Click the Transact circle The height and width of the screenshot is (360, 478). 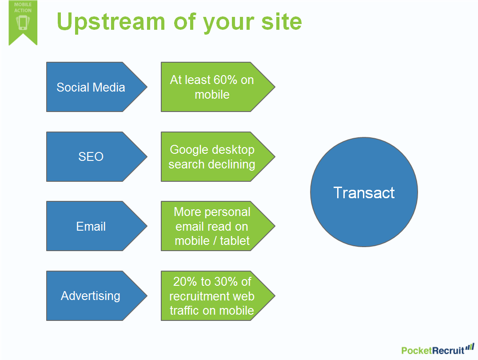point(364,192)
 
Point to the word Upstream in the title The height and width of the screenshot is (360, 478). point(111,22)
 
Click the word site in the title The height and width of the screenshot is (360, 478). point(282,22)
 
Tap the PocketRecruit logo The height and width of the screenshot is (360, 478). point(438,350)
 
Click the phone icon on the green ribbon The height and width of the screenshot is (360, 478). point(23,23)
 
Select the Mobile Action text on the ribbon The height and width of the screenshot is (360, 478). point(23,7)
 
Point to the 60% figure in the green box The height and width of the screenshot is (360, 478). point(225,80)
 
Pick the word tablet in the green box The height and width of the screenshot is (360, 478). point(235,241)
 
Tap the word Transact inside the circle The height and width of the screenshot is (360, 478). point(364,193)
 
